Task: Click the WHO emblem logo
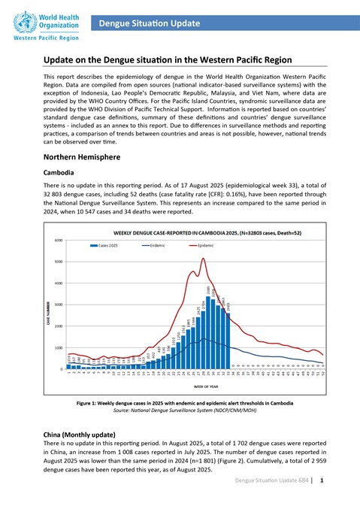pos(17,17)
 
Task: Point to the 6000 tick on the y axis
pos(57,240)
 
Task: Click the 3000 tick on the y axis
pos(57,304)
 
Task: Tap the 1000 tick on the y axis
pos(57,348)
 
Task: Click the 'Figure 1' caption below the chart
pos(181,404)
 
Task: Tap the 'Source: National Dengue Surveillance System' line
pos(181,413)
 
